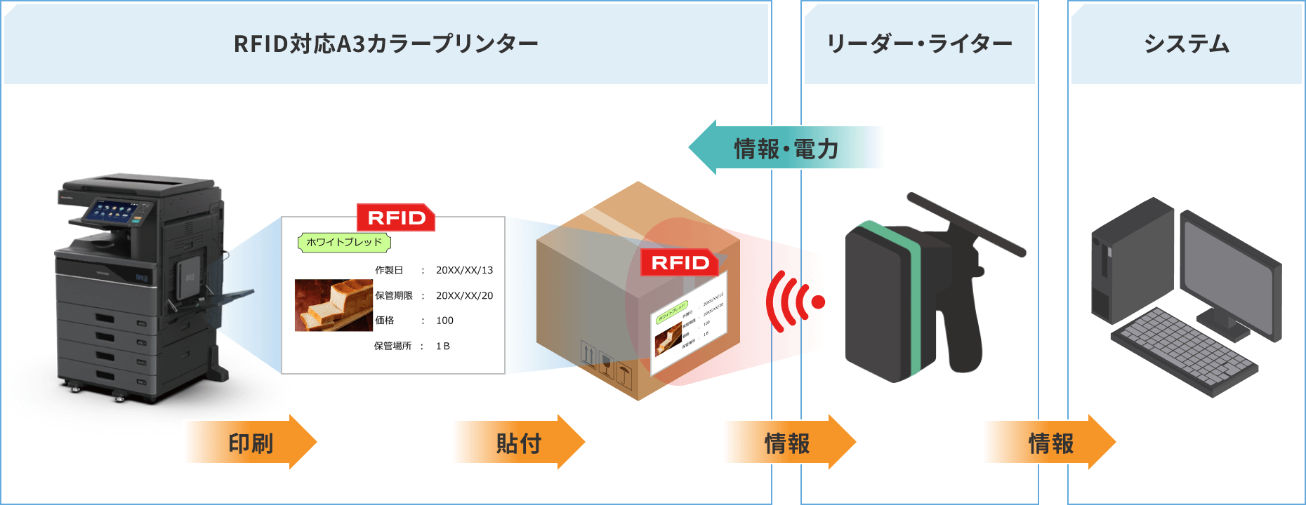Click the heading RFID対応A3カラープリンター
tap(385, 43)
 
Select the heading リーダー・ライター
tap(919, 43)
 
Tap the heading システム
tap(1186, 43)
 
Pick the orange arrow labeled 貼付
tap(519, 443)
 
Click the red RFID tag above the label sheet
tap(396, 217)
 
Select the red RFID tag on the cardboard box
tap(679, 262)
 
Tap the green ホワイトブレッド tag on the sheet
tap(344, 242)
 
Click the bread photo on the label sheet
tap(334, 305)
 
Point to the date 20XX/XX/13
tap(464, 270)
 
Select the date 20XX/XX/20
tap(464, 295)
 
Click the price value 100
tap(444, 321)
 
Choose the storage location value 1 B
tap(442, 346)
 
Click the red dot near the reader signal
tap(818, 302)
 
